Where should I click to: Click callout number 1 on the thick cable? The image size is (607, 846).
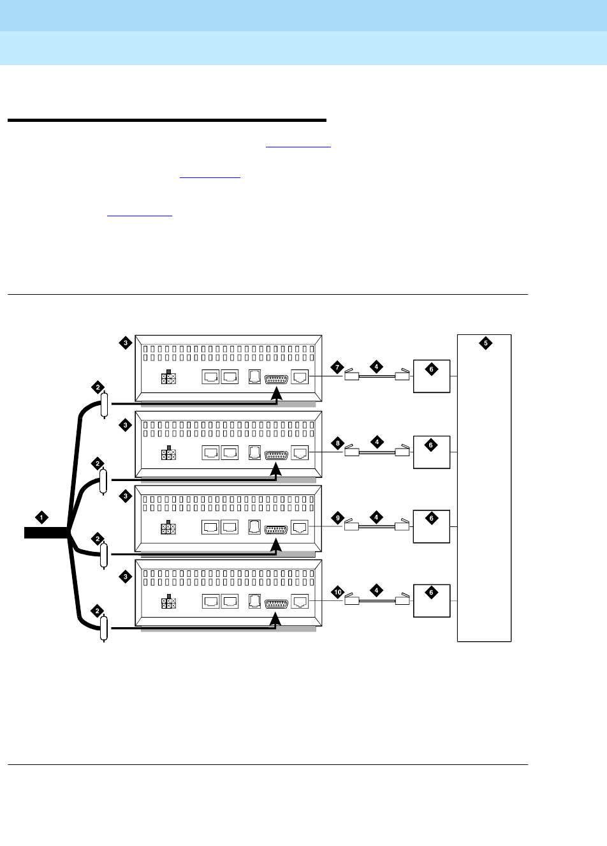pyautogui.click(x=42, y=517)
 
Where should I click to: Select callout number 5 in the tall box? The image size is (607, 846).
pyautogui.click(x=485, y=343)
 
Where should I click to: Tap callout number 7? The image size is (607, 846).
pyautogui.click(x=338, y=367)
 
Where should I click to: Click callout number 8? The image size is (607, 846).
pyautogui.click(x=338, y=443)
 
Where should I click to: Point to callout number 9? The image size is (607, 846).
pyautogui.click(x=338, y=518)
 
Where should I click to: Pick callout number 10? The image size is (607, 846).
pyautogui.click(x=338, y=592)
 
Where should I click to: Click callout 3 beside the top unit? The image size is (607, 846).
pyautogui.click(x=126, y=343)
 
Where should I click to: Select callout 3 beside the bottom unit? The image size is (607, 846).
pyautogui.click(x=126, y=577)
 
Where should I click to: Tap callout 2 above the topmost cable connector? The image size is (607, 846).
pyautogui.click(x=98, y=387)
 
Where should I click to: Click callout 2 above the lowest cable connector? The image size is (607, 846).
pyautogui.click(x=98, y=611)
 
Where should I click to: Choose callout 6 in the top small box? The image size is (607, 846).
pyautogui.click(x=432, y=369)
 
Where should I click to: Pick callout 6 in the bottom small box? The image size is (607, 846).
pyautogui.click(x=432, y=593)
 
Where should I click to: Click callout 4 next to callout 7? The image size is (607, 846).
pyautogui.click(x=377, y=367)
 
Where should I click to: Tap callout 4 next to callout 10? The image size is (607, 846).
pyautogui.click(x=377, y=591)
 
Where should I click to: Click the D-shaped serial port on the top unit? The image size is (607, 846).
pyautogui.click(x=276, y=378)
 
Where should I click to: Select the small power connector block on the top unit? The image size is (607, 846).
pyautogui.click(x=168, y=378)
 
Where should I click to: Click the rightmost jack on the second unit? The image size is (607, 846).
pyautogui.click(x=299, y=453)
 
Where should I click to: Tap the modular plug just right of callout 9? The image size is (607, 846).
pyautogui.click(x=351, y=526)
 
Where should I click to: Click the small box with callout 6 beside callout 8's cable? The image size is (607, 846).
pyautogui.click(x=432, y=452)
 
